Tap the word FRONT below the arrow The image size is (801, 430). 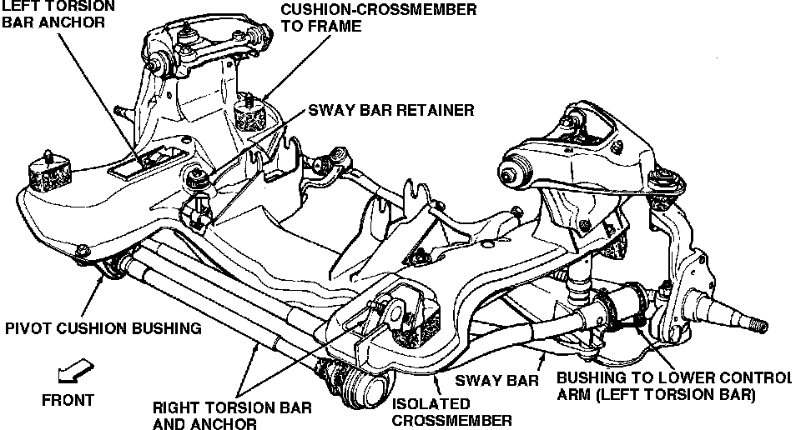coord(68,399)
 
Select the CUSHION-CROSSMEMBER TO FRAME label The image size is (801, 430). coord(379,17)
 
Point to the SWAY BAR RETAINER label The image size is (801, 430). coord(391,110)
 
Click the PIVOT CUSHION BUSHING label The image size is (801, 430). coord(103,327)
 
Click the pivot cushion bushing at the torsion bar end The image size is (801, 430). coord(110,268)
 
